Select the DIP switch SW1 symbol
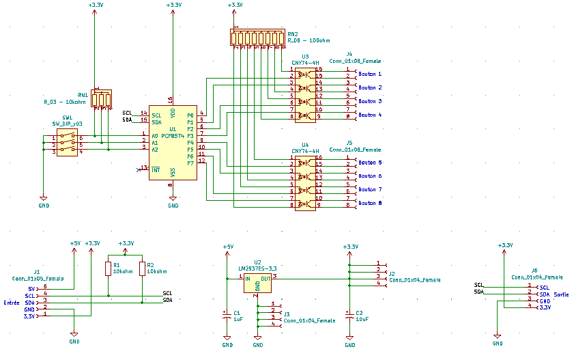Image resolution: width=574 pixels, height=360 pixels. click(67, 144)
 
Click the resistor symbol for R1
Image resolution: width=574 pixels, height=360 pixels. click(108, 268)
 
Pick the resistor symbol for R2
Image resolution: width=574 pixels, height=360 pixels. click(142, 268)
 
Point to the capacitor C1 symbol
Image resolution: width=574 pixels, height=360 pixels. click(227, 315)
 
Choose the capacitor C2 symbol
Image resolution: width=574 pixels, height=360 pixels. click(349, 315)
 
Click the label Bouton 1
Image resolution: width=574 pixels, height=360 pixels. click(370, 74)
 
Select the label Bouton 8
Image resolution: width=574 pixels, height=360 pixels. click(370, 204)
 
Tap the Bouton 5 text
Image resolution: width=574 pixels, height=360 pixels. click(370, 163)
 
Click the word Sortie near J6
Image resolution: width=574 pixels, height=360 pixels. click(562, 294)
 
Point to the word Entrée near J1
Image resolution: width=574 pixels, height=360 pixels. click(12, 303)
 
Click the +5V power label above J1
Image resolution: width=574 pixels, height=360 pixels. click(74, 243)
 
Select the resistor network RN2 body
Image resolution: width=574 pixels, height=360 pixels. click(258, 37)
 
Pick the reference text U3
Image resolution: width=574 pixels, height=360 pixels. click(305, 56)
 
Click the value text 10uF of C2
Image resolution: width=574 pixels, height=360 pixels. click(362, 319)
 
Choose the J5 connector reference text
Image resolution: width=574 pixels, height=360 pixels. click(349, 143)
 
